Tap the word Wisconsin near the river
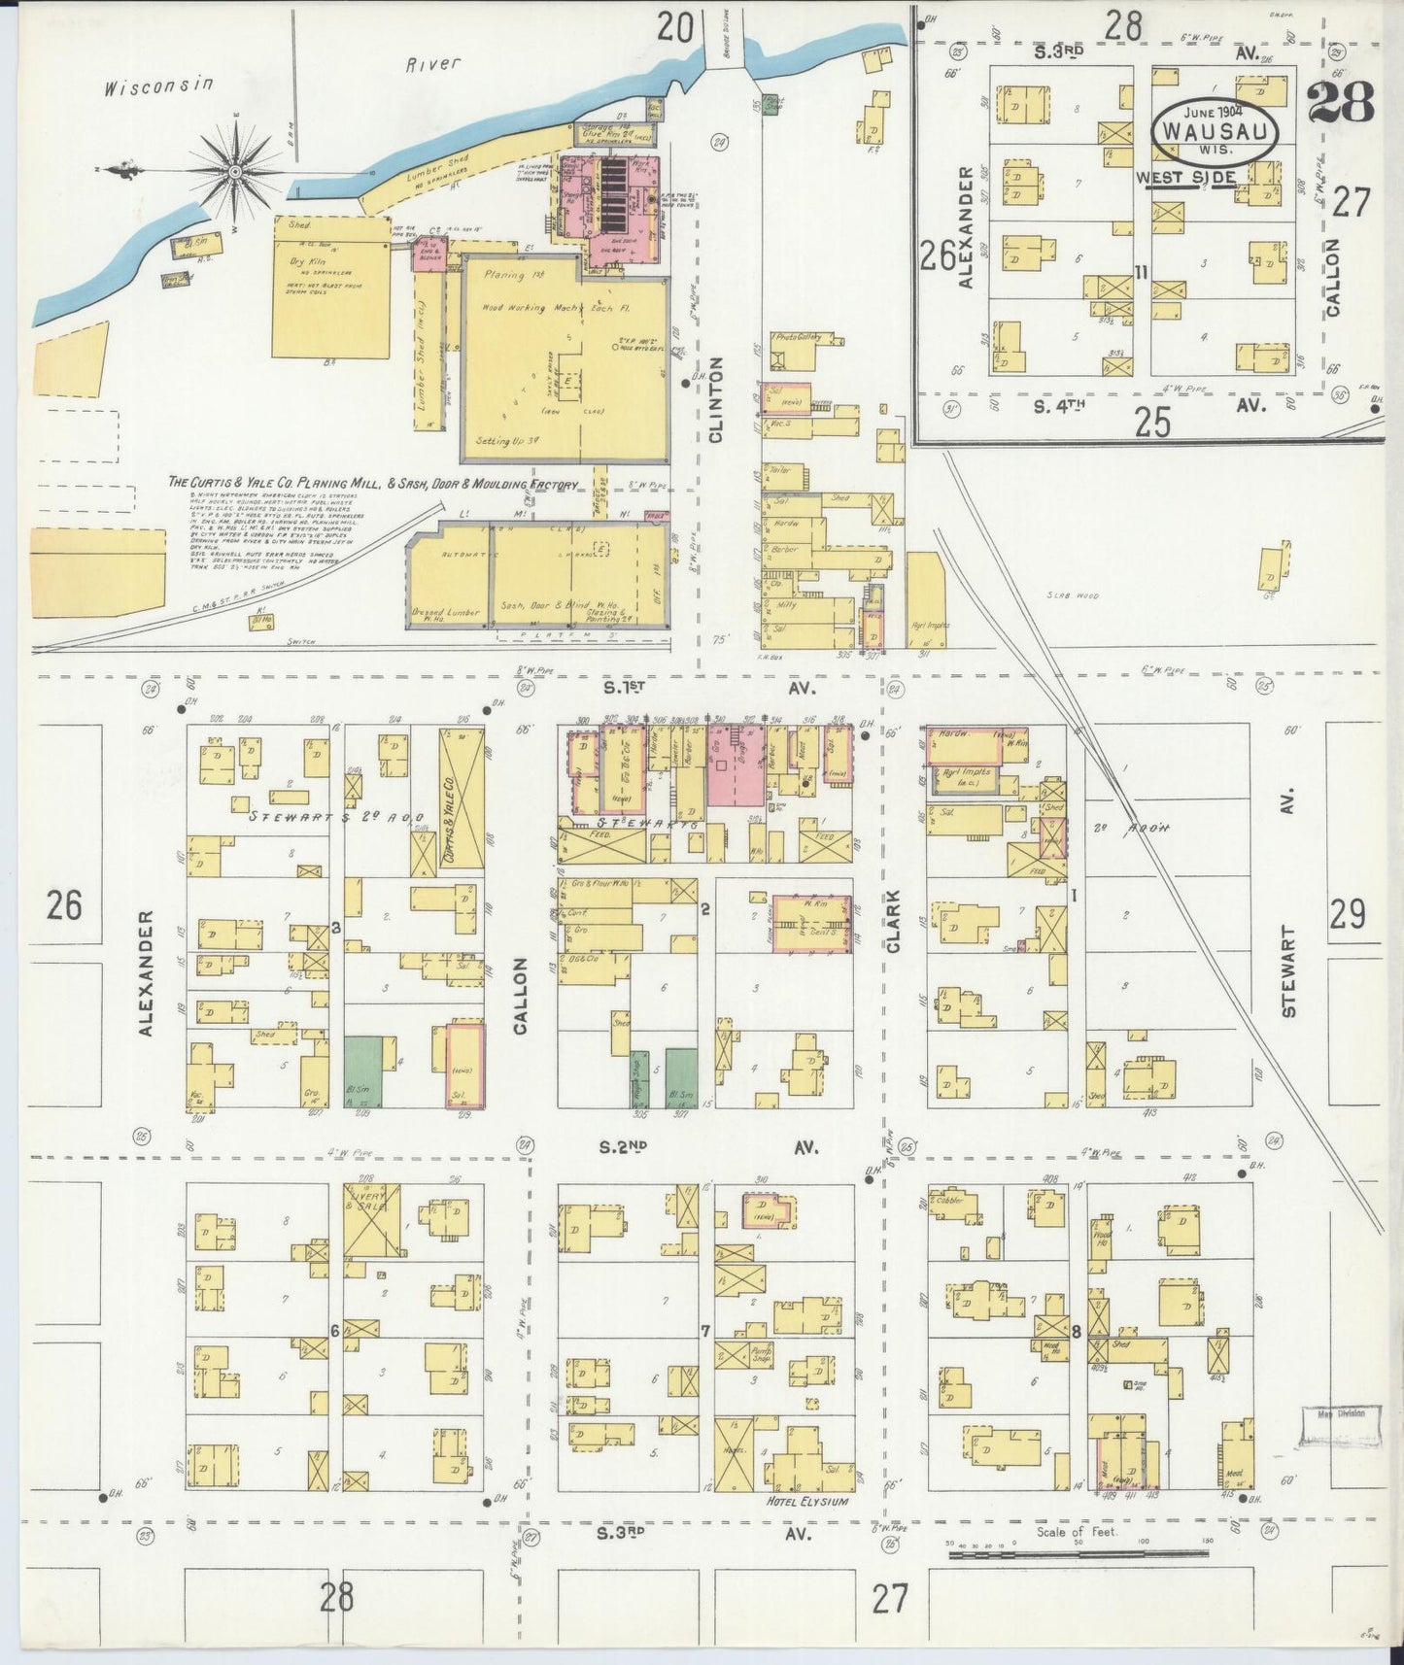pos(158,85)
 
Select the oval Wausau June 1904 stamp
pos(1216,128)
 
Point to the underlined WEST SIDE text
pos(1185,178)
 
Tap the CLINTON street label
pos(717,399)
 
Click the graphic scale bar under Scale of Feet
pos(1079,1555)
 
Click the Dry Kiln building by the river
pos(330,288)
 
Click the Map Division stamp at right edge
pos(1341,1414)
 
